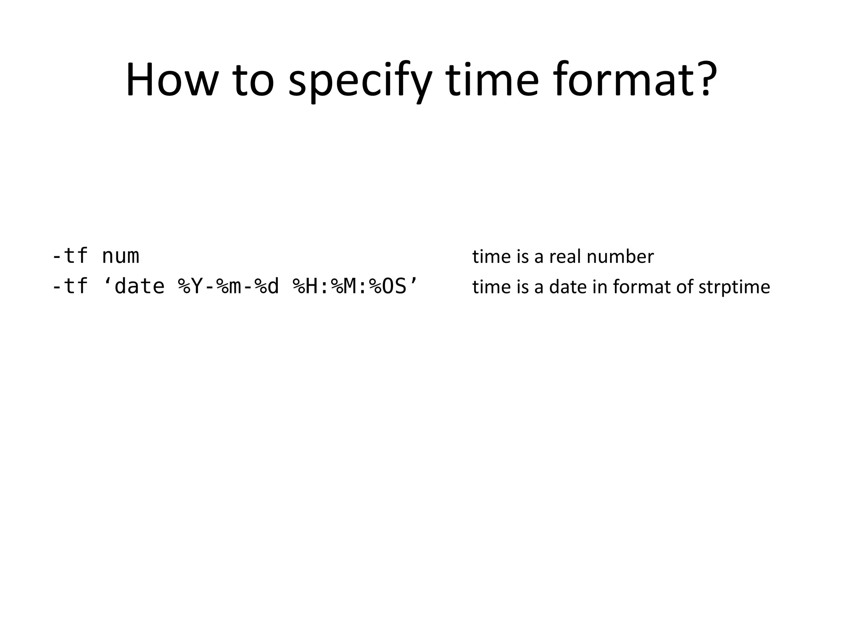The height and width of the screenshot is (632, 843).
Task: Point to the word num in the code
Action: point(121,256)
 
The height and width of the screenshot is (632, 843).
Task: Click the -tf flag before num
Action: point(70,256)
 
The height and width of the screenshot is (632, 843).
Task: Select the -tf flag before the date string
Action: point(70,286)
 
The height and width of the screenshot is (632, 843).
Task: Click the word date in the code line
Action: point(140,286)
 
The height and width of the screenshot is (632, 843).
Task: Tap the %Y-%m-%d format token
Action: point(228,286)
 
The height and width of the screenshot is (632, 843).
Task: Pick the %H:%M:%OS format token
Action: point(349,286)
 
